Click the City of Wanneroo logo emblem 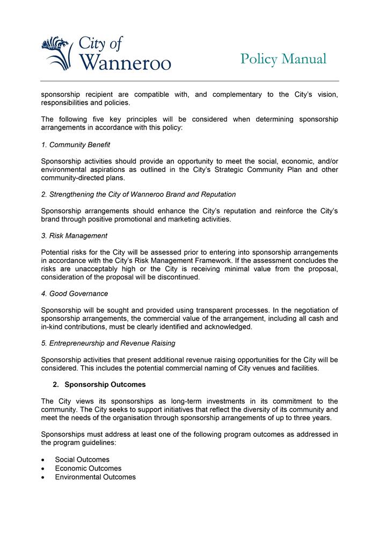pyautogui.click(x=58, y=53)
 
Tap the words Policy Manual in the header pyautogui.click(x=283, y=59)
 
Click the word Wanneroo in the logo pyautogui.click(x=125, y=62)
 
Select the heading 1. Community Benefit pyautogui.click(x=76, y=145)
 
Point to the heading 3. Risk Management pyautogui.click(x=74, y=236)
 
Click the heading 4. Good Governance pyautogui.click(x=75, y=294)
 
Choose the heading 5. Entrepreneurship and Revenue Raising pyautogui.click(x=108, y=343)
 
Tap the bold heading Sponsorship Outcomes pyautogui.click(x=105, y=385)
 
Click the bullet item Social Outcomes pyautogui.click(x=82, y=460)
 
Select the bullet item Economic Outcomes pyautogui.click(x=88, y=469)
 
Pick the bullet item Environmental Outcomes pyautogui.click(x=95, y=477)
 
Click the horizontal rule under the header pyautogui.click(x=189, y=81)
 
